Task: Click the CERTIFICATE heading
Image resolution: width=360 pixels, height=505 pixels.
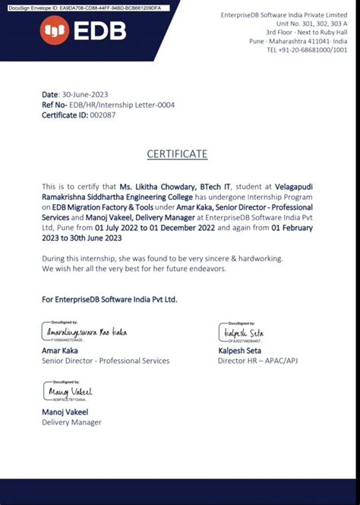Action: point(177,154)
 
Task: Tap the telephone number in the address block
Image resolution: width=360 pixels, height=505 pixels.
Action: point(307,50)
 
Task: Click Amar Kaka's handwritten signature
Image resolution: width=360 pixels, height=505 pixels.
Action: point(85,333)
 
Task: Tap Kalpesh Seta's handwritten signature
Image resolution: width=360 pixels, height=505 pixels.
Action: point(242,333)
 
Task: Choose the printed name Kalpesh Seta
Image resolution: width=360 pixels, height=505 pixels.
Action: point(239,351)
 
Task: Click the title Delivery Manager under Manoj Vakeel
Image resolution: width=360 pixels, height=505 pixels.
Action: point(71,421)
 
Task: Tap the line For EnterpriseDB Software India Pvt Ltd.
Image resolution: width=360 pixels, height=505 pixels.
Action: point(109,300)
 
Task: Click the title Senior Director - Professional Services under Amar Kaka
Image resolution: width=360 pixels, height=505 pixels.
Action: point(106,361)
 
